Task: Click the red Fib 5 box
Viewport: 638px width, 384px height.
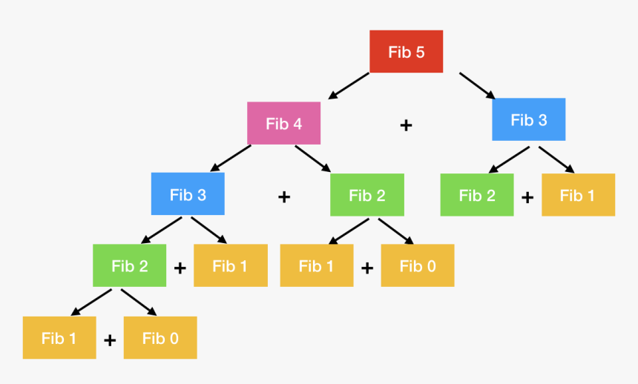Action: pos(406,52)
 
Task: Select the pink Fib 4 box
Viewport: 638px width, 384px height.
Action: pos(283,123)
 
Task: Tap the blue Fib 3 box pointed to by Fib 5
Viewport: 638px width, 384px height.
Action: pos(528,119)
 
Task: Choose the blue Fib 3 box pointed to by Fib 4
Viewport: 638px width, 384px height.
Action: pos(188,194)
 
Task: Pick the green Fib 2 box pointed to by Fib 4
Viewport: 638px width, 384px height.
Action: pos(367,195)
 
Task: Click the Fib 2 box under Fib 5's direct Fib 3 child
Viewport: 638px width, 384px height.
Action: pos(476,195)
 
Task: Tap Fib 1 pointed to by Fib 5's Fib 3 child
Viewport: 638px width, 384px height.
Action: pos(578,195)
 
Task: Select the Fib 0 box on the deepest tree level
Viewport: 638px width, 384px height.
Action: pos(160,338)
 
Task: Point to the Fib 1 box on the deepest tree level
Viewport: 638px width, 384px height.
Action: pos(59,338)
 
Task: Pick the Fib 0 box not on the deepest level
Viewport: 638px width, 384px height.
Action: pos(418,265)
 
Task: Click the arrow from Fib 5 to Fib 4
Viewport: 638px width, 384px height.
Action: pos(348,85)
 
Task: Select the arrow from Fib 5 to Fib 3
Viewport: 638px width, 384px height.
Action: pos(477,85)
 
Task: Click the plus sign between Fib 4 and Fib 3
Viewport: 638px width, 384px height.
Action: pos(406,125)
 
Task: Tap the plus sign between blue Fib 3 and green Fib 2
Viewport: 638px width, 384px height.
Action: pos(283,197)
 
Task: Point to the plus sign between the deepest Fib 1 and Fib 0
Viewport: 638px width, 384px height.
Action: pos(110,340)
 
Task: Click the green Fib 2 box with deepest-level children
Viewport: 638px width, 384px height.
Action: pos(129,265)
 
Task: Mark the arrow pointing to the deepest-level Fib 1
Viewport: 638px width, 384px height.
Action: pos(91,301)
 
